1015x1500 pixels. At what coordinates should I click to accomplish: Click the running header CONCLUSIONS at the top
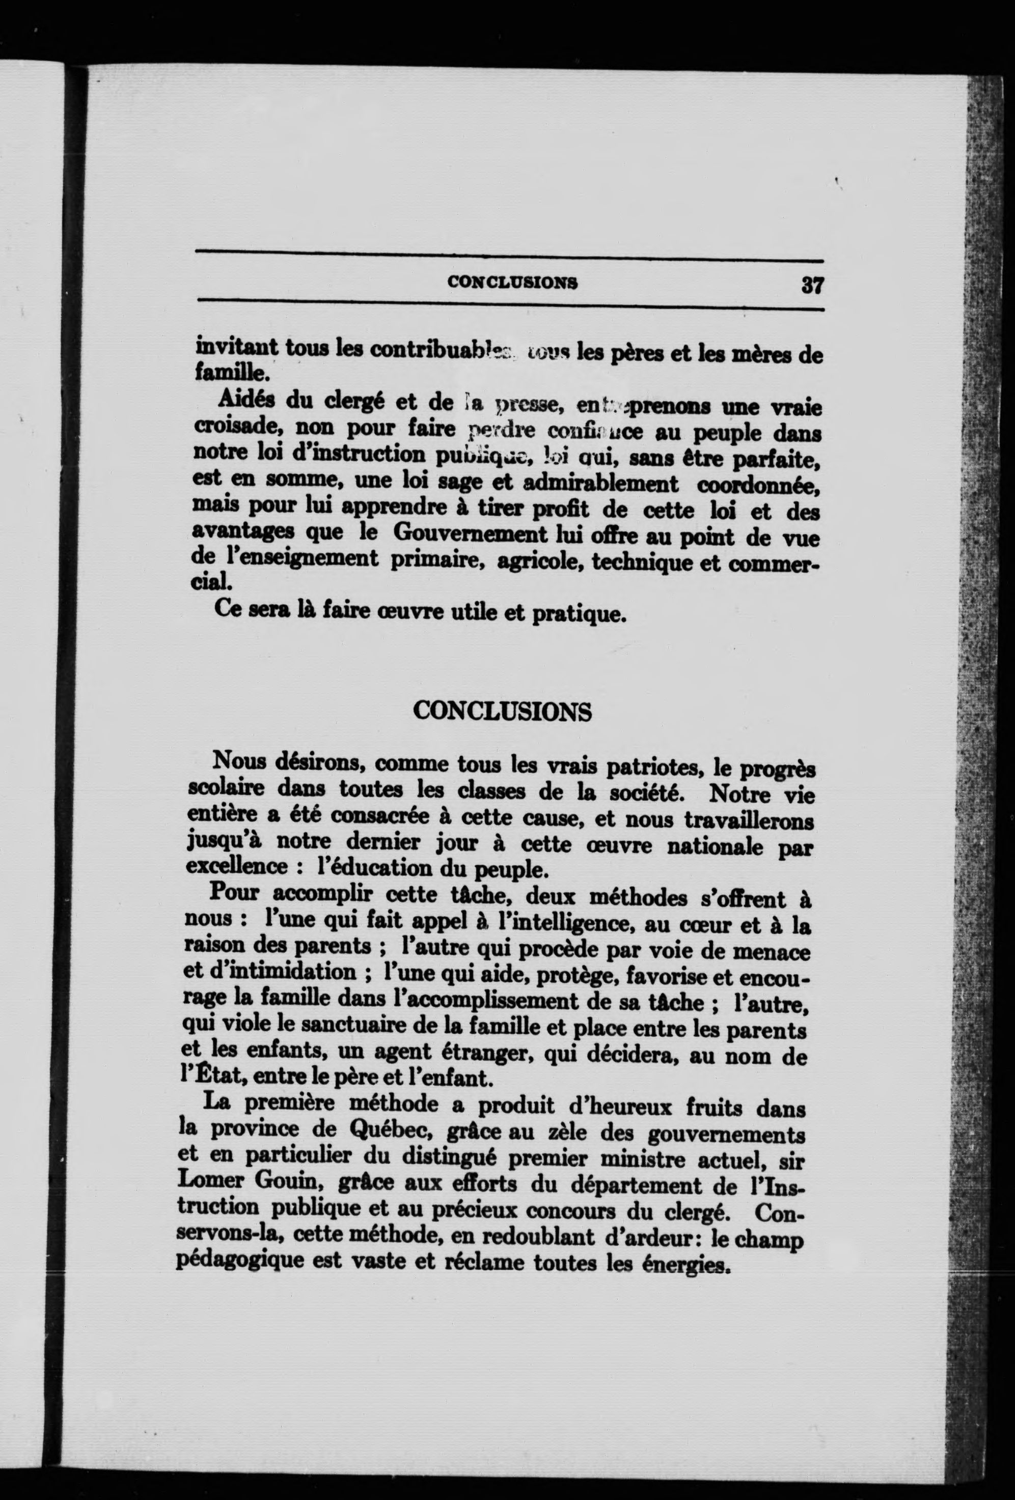[512, 282]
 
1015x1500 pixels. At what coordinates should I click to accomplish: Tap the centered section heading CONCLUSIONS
[502, 711]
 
